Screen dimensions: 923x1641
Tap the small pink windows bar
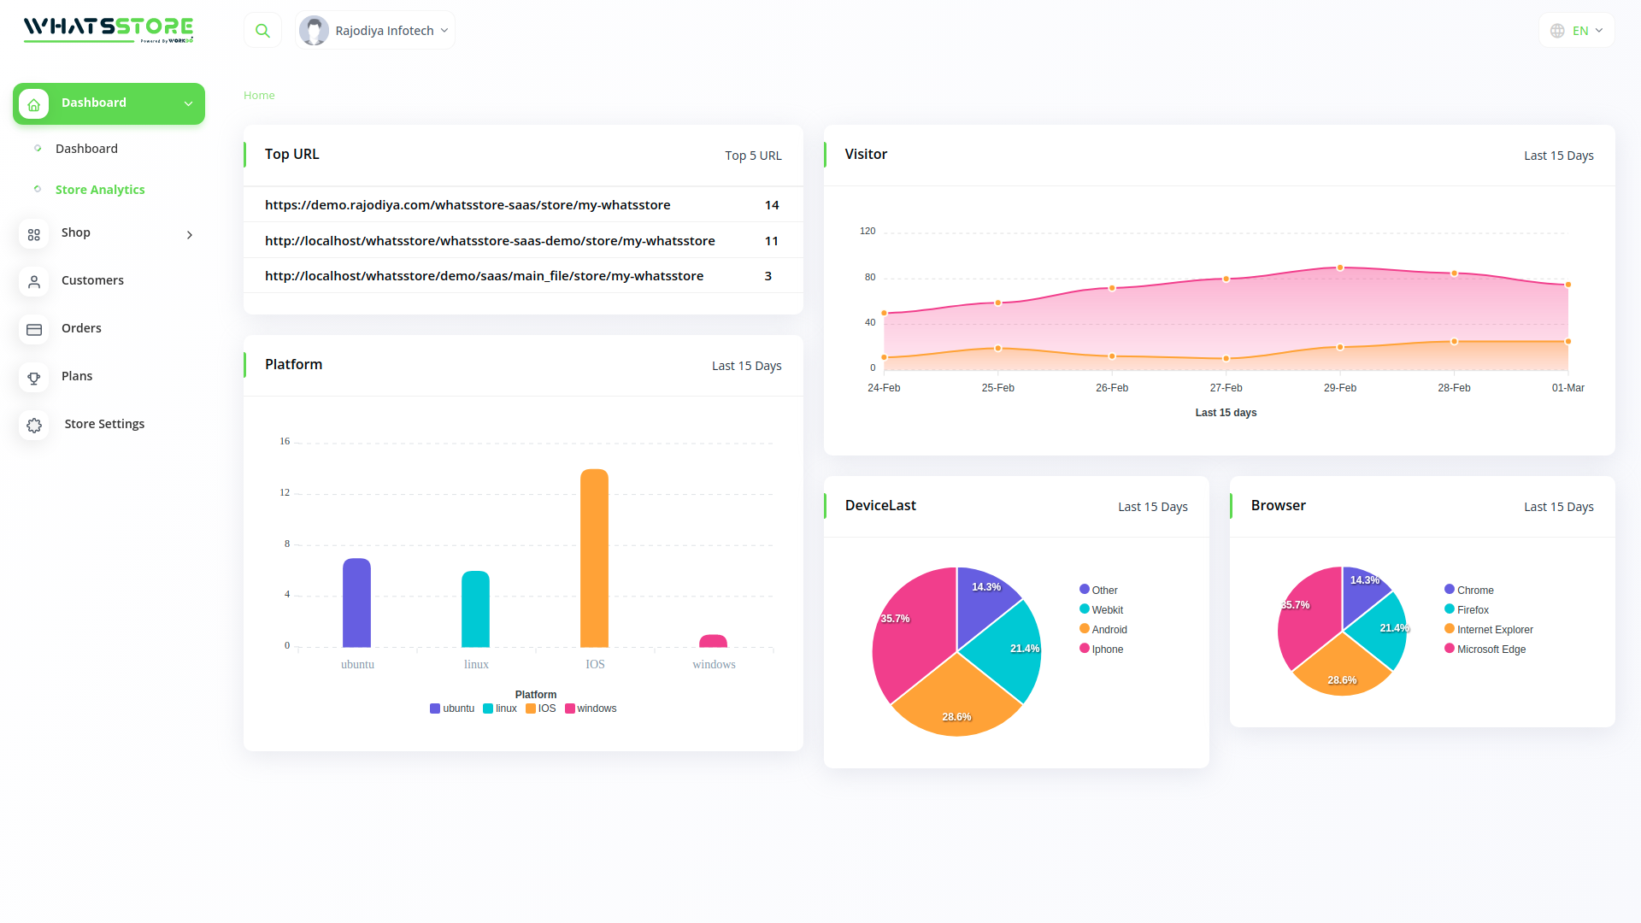coord(713,641)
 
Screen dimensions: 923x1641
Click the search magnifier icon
coord(262,31)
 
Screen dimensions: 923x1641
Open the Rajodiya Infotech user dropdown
coord(375,31)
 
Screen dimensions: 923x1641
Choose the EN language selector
coord(1577,31)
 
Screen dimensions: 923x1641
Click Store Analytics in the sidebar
coord(100,190)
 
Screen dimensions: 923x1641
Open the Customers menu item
coord(92,280)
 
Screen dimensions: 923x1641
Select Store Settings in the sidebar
coord(104,424)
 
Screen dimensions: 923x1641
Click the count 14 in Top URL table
coord(772,205)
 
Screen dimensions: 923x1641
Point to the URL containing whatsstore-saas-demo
coord(490,241)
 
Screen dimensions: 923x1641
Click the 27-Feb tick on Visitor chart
coord(1226,388)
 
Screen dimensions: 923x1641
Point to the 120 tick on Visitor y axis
coord(868,231)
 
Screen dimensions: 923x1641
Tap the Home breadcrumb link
coord(259,96)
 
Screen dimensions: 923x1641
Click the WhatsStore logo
coord(109,29)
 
